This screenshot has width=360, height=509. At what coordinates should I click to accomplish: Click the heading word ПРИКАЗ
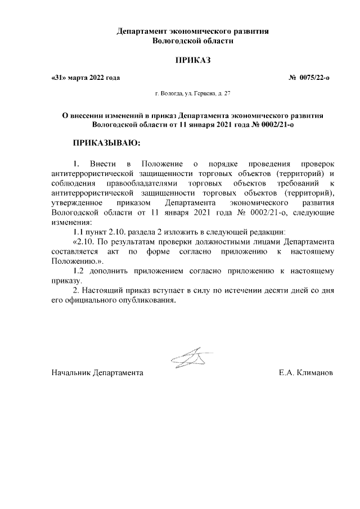point(193,59)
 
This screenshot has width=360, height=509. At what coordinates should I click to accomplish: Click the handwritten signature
point(190,359)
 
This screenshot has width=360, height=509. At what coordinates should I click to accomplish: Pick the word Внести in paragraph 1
point(103,163)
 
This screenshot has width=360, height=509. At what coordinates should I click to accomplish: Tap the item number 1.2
point(79,271)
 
